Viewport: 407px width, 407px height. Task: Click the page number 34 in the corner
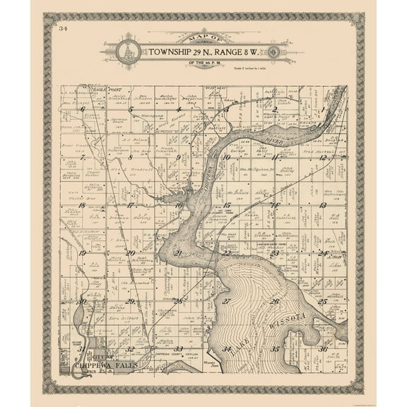(64, 29)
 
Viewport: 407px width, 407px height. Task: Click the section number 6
(84, 110)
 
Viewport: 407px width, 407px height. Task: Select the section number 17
(131, 205)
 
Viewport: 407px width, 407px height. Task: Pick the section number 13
(322, 205)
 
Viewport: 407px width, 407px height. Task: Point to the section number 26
(274, 301)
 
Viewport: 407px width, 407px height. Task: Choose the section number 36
(322, 348)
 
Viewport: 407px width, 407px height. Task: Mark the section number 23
(274, 252)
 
